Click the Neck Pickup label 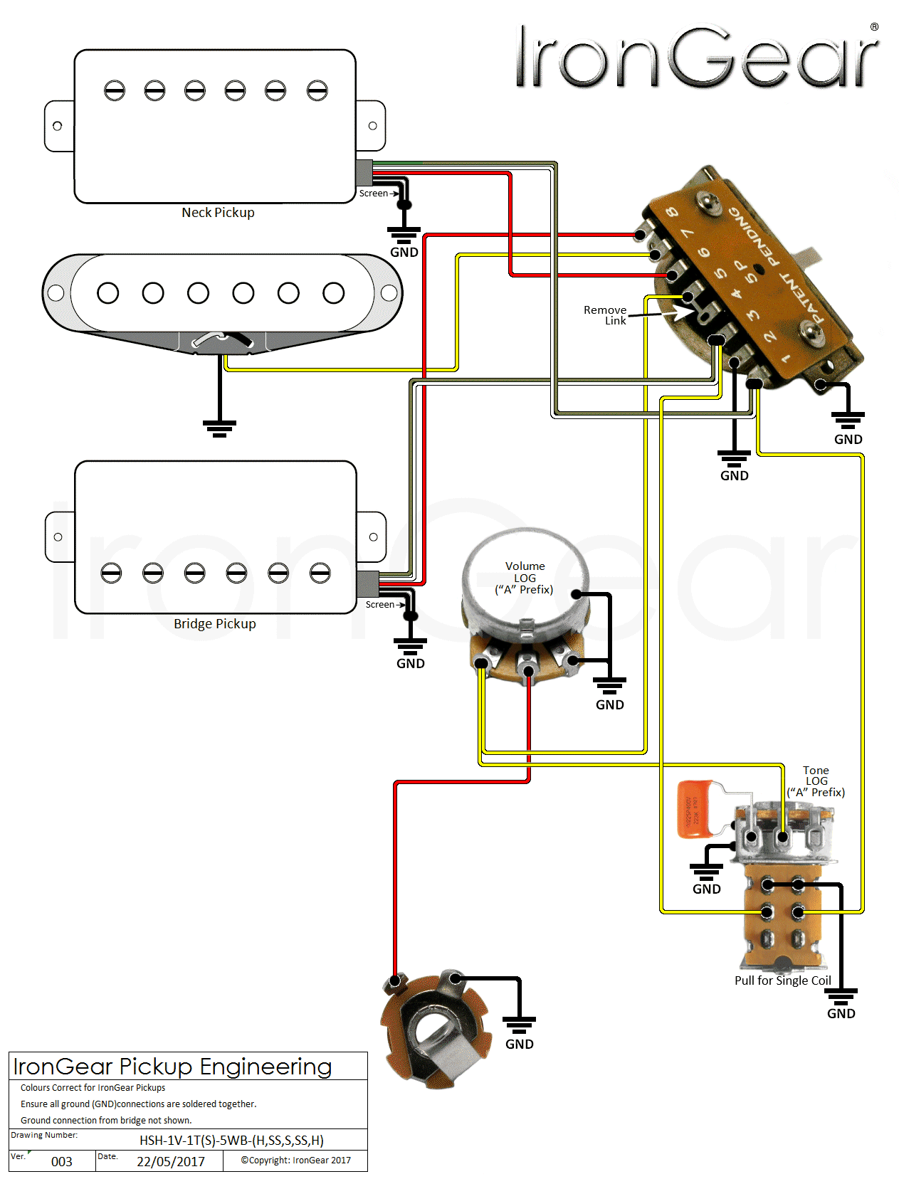click(x=218, y=213)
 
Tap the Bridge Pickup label click(x=214, y=624)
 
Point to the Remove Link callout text click(x=605, y=315)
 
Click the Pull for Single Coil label click(x=782, y=980)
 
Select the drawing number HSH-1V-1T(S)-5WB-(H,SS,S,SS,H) click(x=231, y=1141)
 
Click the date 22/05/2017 click(x=171, y=1162)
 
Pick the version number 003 click(x=62, y=1162)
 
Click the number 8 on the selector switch click(x=671, y=212)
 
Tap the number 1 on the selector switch click(x=786, y=359)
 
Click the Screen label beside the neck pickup click(x=374, y=194)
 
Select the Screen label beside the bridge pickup click(x=380, y=605)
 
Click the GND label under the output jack click(x=519, y=1044)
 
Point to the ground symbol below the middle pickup click(x=219, y=428)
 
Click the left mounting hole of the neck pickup click(x=58, y=126)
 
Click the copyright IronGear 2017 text click(x=295, y=1161)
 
